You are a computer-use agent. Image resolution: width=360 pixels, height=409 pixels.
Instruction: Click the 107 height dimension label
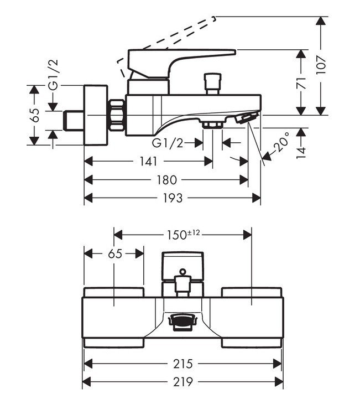coord(321,65)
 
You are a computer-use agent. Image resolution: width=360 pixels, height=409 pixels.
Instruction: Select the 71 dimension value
coord(301,83)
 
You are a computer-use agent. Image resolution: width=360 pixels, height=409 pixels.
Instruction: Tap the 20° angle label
coord(282,142)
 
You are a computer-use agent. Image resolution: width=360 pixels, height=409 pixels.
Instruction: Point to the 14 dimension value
coord(301,153)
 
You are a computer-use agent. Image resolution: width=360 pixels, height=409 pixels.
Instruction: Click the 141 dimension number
coord(149,162)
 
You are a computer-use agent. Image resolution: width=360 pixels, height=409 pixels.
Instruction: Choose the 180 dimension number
coord(167,180)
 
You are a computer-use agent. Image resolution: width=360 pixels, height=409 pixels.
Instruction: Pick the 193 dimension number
coord(173,198)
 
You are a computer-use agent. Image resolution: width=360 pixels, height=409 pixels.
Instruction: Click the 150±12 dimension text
coord(184,235)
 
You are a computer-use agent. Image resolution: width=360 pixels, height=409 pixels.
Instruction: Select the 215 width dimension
coord(183,364)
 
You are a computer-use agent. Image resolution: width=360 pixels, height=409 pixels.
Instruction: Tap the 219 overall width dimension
coord(183,382)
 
